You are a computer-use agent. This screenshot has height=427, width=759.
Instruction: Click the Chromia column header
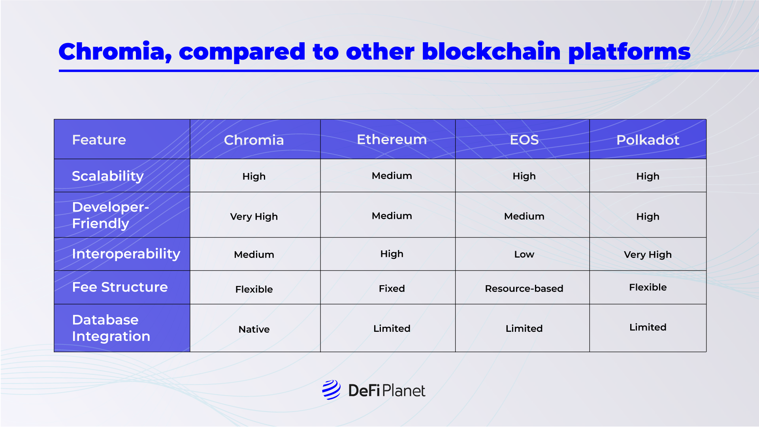[x=254, y=140]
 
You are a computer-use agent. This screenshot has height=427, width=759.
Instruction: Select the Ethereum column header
[x=392, y=139]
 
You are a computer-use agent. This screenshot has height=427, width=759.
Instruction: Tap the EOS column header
[x=524, y=140]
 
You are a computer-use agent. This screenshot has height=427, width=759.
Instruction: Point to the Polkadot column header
[x=648, y=140]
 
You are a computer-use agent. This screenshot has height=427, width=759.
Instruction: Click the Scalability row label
[x=107, y=176]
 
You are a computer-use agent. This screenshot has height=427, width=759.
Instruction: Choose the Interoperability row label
[x=126, y=254]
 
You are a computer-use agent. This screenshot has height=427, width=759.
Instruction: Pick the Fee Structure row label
[x=120, y=287]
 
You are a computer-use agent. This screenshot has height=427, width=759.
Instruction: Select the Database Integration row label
[x=111, y=328]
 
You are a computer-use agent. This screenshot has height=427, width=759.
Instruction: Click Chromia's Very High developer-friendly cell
[x=254, y=216]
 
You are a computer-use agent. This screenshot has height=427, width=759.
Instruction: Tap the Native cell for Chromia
[x=254, y=329]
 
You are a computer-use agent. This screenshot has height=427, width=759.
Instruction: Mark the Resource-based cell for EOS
[x=524, y=288]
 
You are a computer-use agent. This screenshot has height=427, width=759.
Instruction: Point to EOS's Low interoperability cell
[x=524, y=254]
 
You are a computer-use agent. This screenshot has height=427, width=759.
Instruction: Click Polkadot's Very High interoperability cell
[x=648, y=255]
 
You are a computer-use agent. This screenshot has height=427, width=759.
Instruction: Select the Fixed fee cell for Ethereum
[x=392, y=288]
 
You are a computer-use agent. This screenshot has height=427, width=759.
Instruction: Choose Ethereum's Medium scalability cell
[x=392, y=176]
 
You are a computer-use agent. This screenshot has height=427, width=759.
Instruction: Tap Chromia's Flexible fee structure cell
[x=254, y=289]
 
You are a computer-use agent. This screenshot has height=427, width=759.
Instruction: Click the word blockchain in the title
[x=491, y=51]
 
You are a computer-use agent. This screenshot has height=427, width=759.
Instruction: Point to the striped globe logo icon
[x=331, y=390]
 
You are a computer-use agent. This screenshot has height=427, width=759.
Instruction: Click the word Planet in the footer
[x=403, y=391]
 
